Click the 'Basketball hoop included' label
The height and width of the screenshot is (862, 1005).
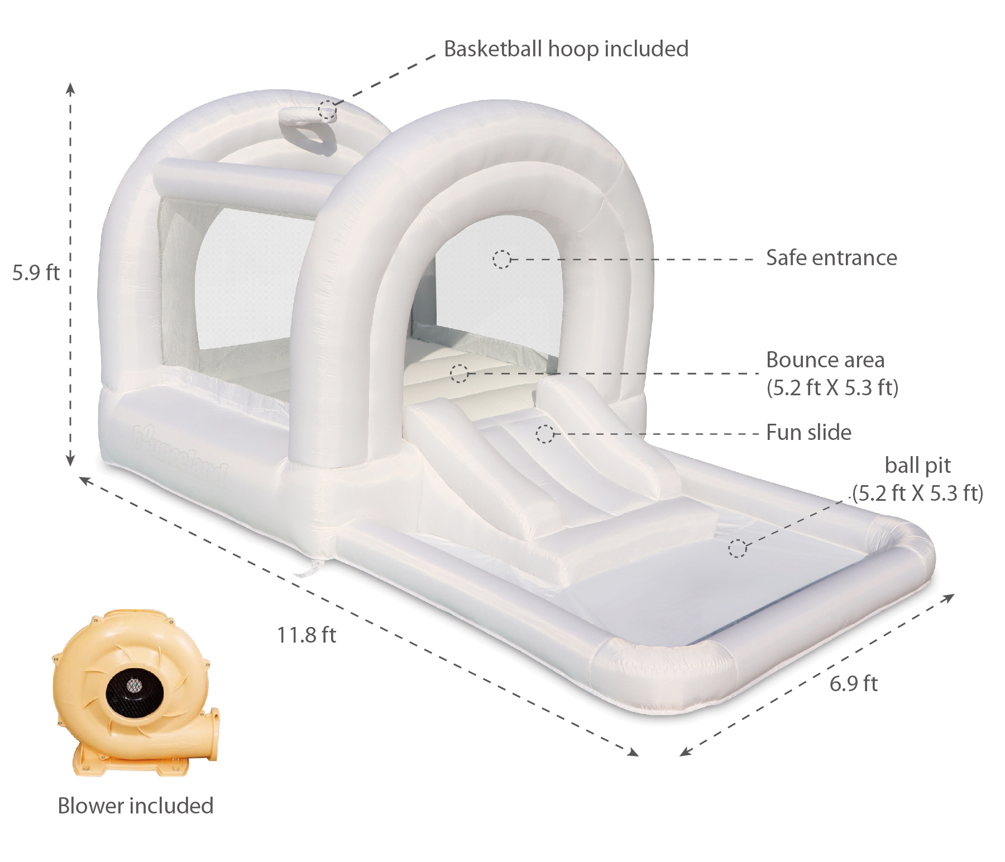tap(566, 49)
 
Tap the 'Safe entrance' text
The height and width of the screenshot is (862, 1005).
tap(831, 258)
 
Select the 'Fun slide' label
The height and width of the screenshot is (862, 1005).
tap(808, 433)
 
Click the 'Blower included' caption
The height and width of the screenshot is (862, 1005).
tap(136, 806)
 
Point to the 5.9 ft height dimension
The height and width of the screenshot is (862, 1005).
tap(36, 272)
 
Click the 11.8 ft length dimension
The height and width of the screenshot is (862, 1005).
tap(307, 635)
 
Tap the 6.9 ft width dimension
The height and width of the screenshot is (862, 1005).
tap(853, 683)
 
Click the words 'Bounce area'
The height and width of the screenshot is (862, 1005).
tap(825, 360)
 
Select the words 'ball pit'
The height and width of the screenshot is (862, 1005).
tap(917, 465)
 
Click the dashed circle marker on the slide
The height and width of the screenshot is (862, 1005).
tap(545, 434)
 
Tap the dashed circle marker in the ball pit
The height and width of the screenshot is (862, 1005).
tap(737, 548)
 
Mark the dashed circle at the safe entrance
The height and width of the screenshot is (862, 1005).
tap(501, 259)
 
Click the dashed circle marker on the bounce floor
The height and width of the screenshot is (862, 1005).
tap(459, 373)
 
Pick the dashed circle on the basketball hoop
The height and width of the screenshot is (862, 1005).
tap(327, 110)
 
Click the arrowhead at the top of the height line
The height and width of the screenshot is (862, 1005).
tap(70, 88)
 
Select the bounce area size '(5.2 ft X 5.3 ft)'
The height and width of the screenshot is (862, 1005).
tap(832, 387)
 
